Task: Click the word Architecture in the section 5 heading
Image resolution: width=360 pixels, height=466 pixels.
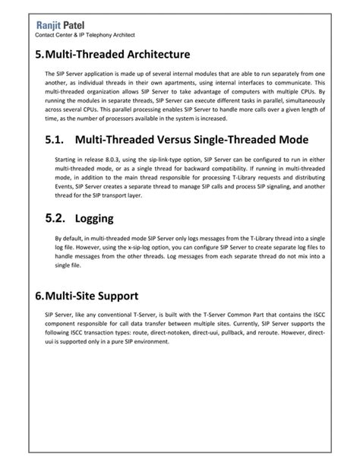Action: [162, 55]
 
